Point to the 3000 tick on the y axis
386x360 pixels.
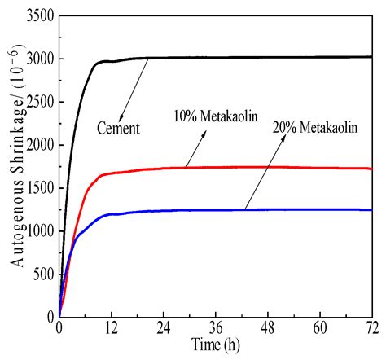point(38,59)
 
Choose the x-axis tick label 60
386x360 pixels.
point(319,330)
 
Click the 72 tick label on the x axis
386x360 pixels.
point(371,330)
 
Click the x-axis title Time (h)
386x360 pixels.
point(215,346)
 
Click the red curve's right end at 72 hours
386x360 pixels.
point(371,169)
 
